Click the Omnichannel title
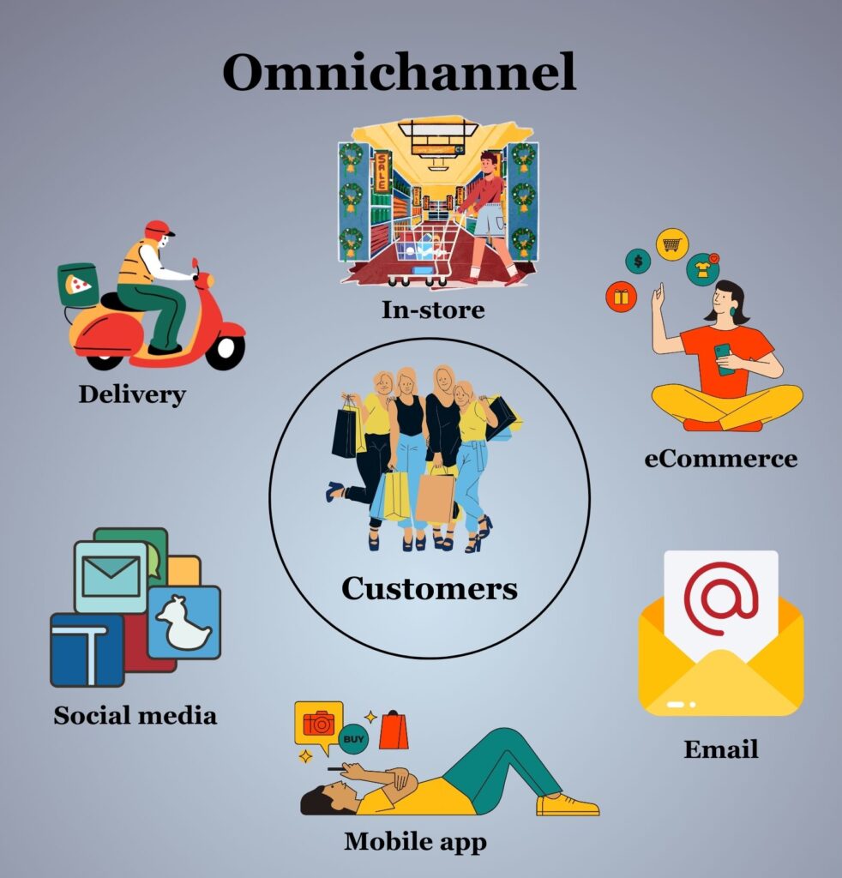click(400, 73)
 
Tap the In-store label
click(433, 310)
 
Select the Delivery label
click(132, 394)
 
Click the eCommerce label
click(721, 458)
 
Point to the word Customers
click(430, 588)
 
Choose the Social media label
click(135, 715)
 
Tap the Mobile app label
click(416, 841)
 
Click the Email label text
click(721, 749)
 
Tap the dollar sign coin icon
click(638, 261)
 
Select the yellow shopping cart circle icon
click(672, 244)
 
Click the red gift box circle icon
click(621, 298)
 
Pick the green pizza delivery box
click(77, 284)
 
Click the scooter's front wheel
click(226, 350)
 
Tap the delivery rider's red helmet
click(159, 230)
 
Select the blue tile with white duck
click(184, 622)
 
